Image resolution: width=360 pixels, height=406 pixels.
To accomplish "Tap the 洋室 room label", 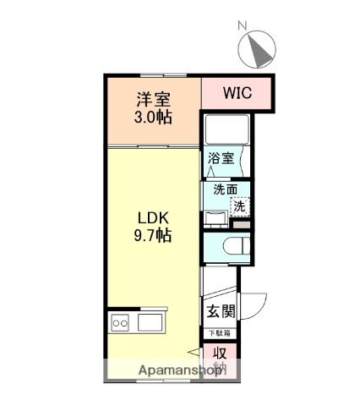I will tap(153, 99).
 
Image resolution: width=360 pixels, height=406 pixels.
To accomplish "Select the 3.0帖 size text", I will tap(153, 117).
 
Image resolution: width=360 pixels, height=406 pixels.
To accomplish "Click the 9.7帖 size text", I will tap(153, 236).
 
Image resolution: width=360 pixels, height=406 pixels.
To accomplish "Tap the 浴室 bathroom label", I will tap(220, 156).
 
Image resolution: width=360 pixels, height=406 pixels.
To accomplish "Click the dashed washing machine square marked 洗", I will tap(240, 205).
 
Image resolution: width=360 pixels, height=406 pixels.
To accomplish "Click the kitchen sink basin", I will tap(153, 322).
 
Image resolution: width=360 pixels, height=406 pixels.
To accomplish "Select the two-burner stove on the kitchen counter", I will tap(119, 322).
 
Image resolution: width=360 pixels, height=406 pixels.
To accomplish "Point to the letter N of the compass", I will tap(242, 27).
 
